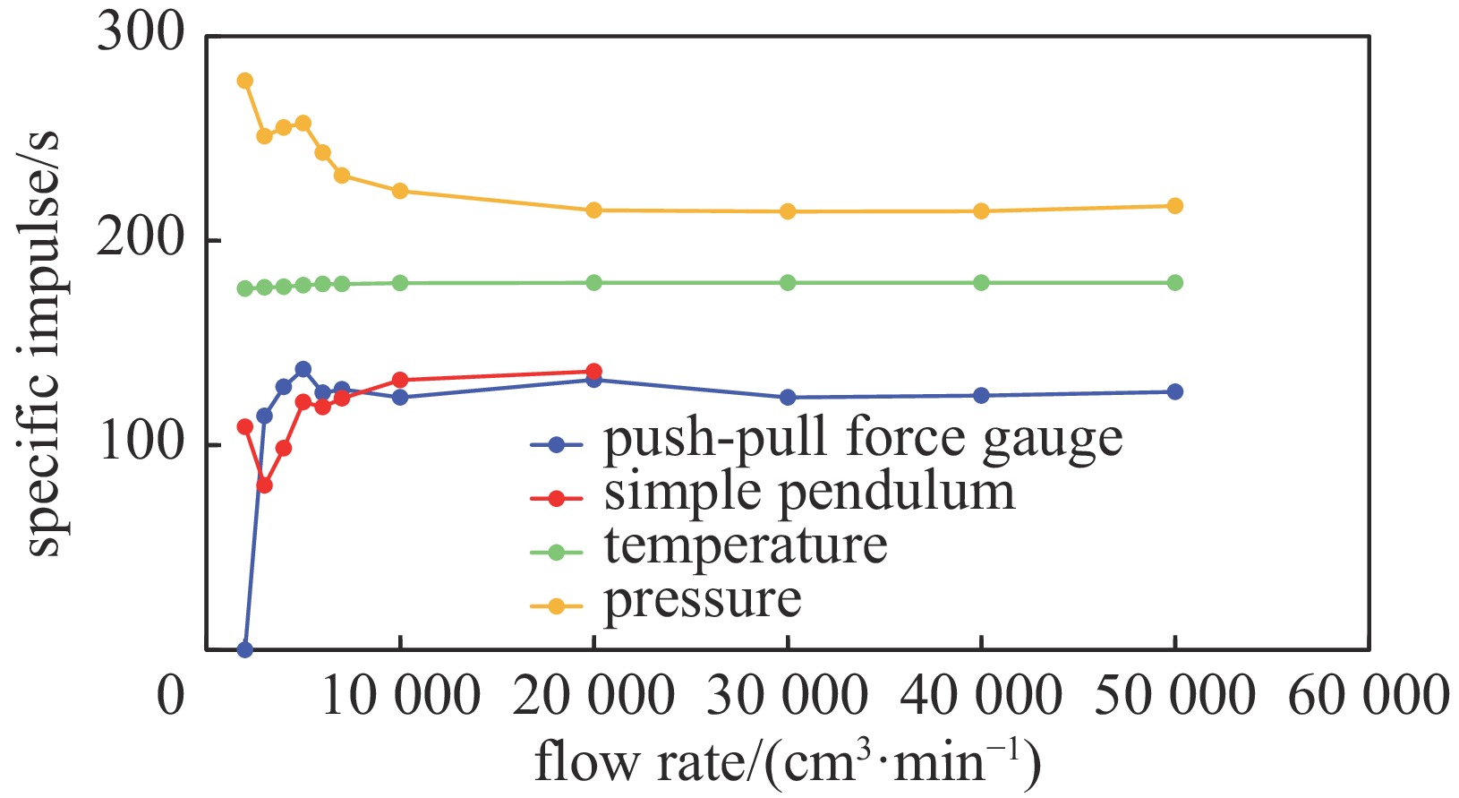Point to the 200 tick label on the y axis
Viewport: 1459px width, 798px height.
click(141, 239)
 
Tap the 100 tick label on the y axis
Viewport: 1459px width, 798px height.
click(141, 443)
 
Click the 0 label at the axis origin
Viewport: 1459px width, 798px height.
click(170, 696)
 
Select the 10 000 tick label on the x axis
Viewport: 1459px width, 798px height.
click(400, 696)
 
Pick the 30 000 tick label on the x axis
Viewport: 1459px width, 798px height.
click(787, 696)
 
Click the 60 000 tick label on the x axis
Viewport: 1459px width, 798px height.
click(1367, 696)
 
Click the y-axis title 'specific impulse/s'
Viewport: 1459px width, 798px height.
click(43, 345)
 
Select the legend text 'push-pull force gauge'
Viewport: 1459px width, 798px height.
click(863, 441)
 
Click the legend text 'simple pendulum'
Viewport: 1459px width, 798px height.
click(809, 493)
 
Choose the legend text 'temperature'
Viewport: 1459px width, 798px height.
click(746, 546)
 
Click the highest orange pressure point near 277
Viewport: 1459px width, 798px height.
click(244, 81)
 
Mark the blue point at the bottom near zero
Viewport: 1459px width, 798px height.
click(244, 649)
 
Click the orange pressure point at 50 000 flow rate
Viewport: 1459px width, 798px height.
click(1174, 206)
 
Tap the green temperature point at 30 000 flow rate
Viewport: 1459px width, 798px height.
click(788, 283)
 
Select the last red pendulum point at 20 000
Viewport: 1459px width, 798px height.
click(593, 372)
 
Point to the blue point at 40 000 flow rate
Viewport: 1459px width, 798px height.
click(981, 395)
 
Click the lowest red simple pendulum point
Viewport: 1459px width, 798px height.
click(264, 485)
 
